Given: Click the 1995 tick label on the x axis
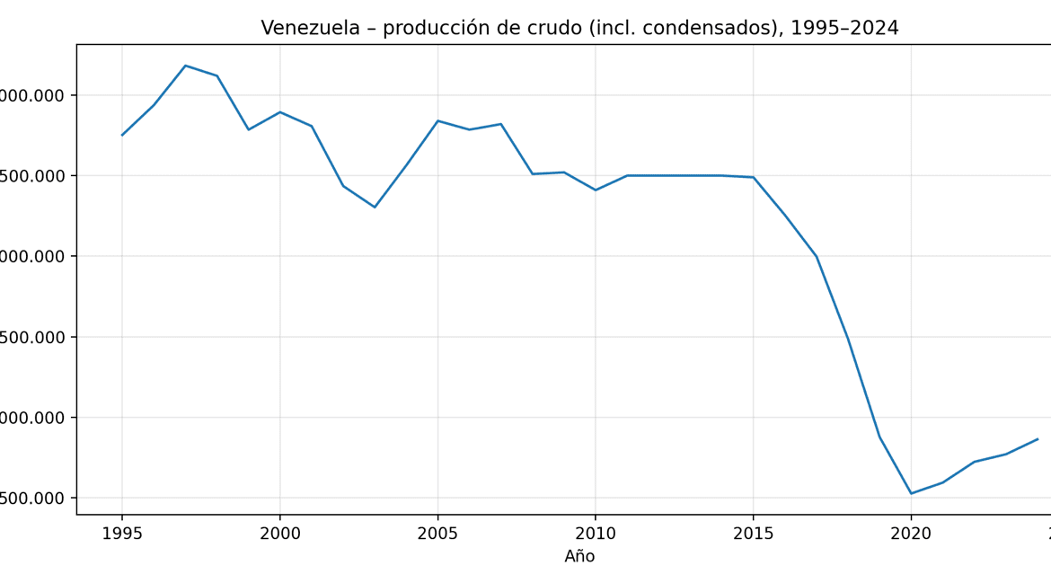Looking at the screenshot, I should tap(122, 534).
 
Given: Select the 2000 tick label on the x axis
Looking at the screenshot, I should tap(280, 534).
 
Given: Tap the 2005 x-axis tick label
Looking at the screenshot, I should tap(437, 534).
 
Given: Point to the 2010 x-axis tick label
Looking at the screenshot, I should tap(596, 534).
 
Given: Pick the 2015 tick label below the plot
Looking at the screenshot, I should tap(753, 534).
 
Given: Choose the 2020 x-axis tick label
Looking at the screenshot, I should tap(911, 534).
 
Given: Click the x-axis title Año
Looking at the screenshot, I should tap(579, 557).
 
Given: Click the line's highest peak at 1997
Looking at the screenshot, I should tap(185, 66).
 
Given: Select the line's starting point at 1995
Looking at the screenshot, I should tap(122, 136).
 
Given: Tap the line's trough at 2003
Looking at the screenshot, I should tap(375, 208).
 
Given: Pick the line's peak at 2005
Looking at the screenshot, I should tap(437, 120).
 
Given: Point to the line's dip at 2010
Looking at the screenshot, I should tap(596, 190).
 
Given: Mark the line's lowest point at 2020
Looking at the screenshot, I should tap(911, 493).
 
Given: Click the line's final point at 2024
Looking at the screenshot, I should tap(1038, 439).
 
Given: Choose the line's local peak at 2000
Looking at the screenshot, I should tap(280, 112).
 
